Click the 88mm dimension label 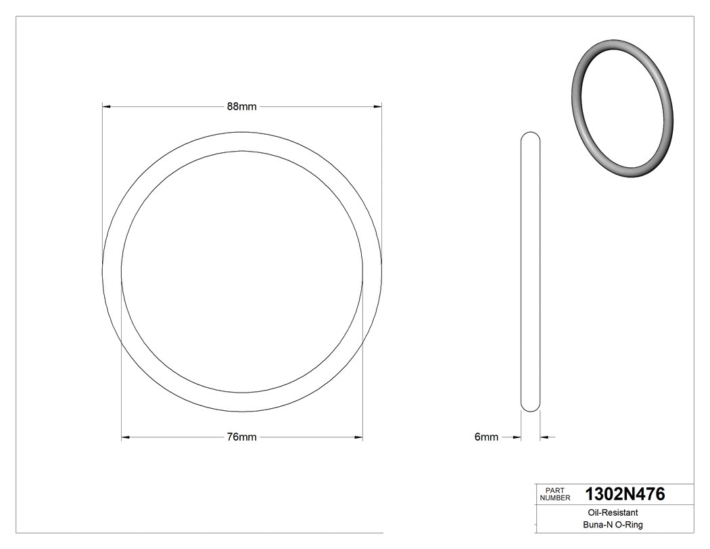tap(241, 106)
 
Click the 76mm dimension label tap(241, 437)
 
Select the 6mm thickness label tap(486, 437)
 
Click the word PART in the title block tap(554, 490)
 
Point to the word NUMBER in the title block tap(555, 498)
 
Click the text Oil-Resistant tap(610, 513)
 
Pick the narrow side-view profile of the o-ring tap(531, 271)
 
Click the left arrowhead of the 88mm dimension tap(106, 106)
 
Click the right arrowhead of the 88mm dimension tap(378, 106)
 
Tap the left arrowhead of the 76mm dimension tap(125, 437)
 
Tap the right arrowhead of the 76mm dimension tap(359, 437)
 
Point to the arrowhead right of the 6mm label tap(544, 437)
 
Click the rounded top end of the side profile tap(531, 133)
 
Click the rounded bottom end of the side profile tap(531, 409)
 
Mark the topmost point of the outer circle tap(242, 131)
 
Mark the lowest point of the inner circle tap(242, 393)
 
